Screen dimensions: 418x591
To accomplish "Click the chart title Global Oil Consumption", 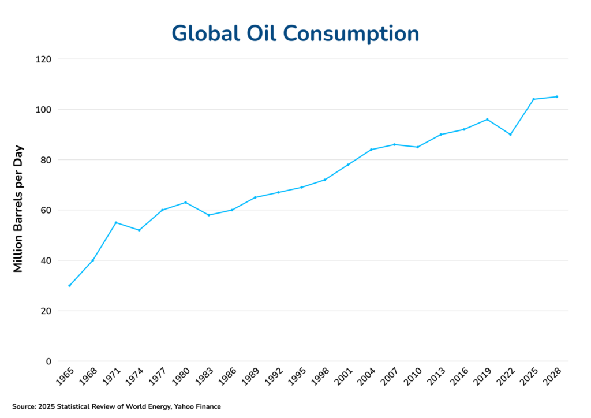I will (x=295, y=33).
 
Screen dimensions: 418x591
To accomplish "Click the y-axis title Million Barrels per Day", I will (x=18, y=208).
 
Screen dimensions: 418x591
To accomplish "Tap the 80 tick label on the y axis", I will (x=46, y=160).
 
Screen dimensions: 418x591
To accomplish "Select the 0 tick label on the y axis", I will (x=48, y=361).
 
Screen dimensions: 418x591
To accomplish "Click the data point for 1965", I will (x=69, y=285).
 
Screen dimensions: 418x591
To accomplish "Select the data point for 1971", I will (x=116, y=222).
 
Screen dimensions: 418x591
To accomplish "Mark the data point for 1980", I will (x=185, y=202).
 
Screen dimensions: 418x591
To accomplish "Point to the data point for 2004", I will (x=371, y=150).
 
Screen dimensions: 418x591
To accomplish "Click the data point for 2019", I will (x=487, y=120).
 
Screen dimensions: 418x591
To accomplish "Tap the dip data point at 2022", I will (x=510, y=135).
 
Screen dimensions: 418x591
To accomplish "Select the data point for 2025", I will (x=533, y=99).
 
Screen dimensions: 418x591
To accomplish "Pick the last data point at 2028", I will (x=556, y=96).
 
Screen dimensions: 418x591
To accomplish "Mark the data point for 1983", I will (x=208, y=215).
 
